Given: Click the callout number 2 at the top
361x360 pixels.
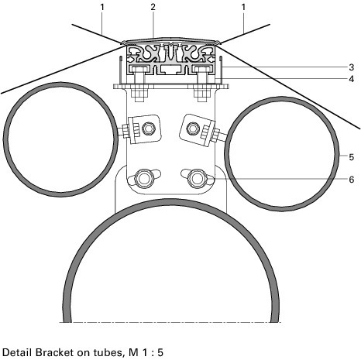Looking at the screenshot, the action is (x=153, y=7).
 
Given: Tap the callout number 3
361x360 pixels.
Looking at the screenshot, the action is (x=352, y=67).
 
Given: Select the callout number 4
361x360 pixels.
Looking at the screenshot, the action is (x=352, y=79).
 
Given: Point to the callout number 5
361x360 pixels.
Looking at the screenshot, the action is (x=352, y=157).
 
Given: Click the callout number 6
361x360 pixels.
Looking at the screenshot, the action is (x=352, y=180).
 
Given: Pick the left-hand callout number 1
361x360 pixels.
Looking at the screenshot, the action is (x=102, y=7).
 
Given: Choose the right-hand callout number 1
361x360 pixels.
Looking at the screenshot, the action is (x=243, y=7).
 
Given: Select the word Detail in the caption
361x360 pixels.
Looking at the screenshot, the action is (x=17, y=352).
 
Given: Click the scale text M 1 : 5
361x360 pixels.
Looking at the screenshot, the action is (x=146, y=352).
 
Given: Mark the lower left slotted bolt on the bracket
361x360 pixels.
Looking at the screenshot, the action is (x=144, y=178).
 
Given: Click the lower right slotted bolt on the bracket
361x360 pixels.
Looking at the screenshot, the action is (x=198, y=178).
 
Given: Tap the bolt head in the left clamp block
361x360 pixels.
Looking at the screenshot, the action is (x=148, y=129).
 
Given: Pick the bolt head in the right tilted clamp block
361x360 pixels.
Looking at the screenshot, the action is (x=192, y=129).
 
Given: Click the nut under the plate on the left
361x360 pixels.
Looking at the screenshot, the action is (x=140, y=95).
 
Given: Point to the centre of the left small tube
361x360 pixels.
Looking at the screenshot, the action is (x=60, y=139).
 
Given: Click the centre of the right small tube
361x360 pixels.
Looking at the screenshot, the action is (x=282, y=154).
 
